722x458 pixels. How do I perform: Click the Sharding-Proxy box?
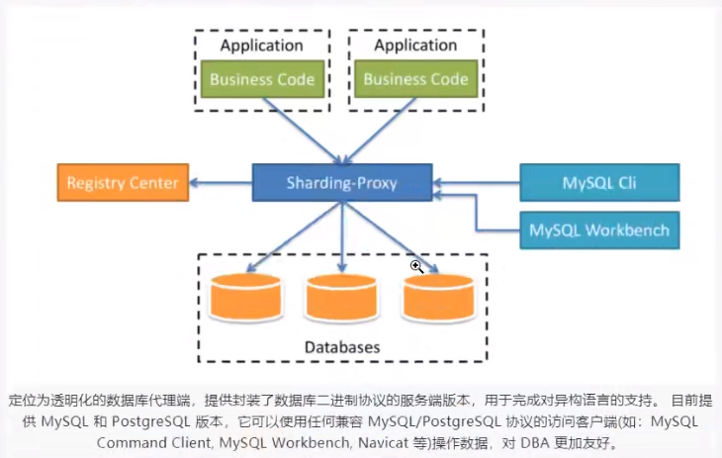point(342,183)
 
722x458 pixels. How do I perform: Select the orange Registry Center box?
point(123,183)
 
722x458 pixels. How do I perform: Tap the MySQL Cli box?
point(599,183)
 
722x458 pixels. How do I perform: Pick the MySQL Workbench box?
point(599,230)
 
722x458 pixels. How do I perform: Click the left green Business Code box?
point(262,79)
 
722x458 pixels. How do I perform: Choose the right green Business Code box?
point(416,79)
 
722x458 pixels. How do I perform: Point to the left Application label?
point(262,46)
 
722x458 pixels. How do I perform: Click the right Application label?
point(416,46)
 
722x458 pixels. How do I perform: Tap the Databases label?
point(342,347)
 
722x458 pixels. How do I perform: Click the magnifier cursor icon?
point(418,266)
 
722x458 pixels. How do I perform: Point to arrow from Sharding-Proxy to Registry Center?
point(221,183)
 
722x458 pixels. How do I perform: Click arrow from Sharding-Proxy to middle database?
point(342,233)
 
